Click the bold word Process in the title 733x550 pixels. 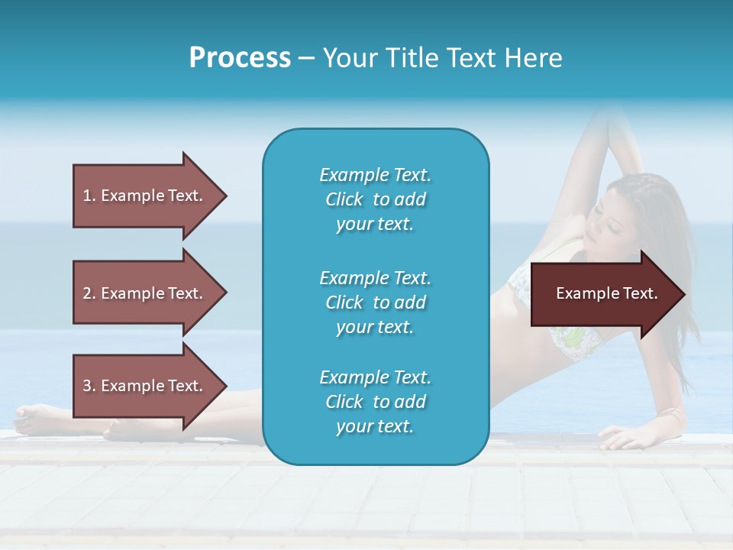(x=240, y=58)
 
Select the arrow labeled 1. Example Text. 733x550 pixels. (x=145, y=196)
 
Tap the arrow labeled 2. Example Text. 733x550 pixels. (x=145, y=293)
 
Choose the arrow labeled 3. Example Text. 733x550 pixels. (x=145, y=386)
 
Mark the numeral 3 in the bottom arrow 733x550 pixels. (x=87, y=386)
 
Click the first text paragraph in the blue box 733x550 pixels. (x=375, y=199)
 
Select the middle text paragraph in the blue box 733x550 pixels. (x=375, y=302)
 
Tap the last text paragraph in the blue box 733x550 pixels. (x=375, y=402)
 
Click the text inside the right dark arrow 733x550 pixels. (x=606, y=294)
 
